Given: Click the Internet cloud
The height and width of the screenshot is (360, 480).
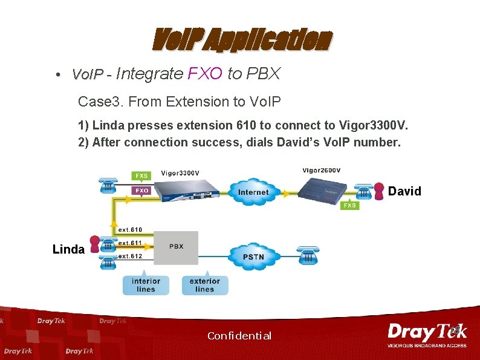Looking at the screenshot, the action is [253, 192].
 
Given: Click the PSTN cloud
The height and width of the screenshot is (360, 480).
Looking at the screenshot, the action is [254, 257].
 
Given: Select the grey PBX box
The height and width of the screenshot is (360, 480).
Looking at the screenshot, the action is [176, 247].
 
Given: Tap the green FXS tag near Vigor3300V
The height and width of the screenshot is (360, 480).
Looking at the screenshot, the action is [141, 176].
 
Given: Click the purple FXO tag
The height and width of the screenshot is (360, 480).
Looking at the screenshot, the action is [141, 190].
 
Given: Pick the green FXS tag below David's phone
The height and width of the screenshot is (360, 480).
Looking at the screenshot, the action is [349, 206].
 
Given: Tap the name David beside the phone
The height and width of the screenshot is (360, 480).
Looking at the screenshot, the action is [404, 192].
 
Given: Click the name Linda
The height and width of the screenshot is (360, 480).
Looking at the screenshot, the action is [68, 249].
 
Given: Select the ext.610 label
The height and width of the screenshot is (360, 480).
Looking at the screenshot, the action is [130, 230].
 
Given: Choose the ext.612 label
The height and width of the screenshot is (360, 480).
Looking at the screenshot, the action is [130, 257].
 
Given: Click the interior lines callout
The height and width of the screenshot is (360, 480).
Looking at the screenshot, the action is [146, 285].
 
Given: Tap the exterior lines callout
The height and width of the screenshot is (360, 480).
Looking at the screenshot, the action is [205, 285].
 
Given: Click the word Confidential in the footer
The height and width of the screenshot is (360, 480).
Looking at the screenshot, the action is [239, 336].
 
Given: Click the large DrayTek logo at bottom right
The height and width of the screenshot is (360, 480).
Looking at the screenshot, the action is [426, 333].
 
